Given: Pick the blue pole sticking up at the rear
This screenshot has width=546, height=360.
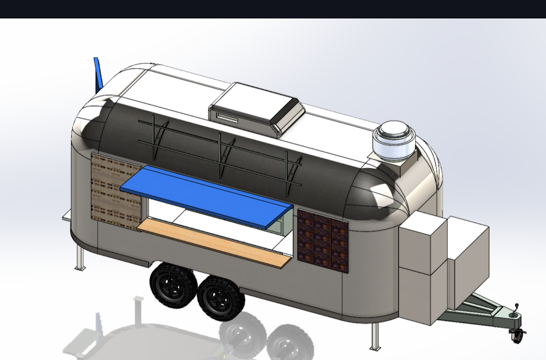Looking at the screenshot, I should [98, 74].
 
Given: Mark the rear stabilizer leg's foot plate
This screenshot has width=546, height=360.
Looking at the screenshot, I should [80, 268].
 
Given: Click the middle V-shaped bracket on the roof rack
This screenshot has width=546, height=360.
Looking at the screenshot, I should [225, 153].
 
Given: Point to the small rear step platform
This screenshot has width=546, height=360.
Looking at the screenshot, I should [67, 215].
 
